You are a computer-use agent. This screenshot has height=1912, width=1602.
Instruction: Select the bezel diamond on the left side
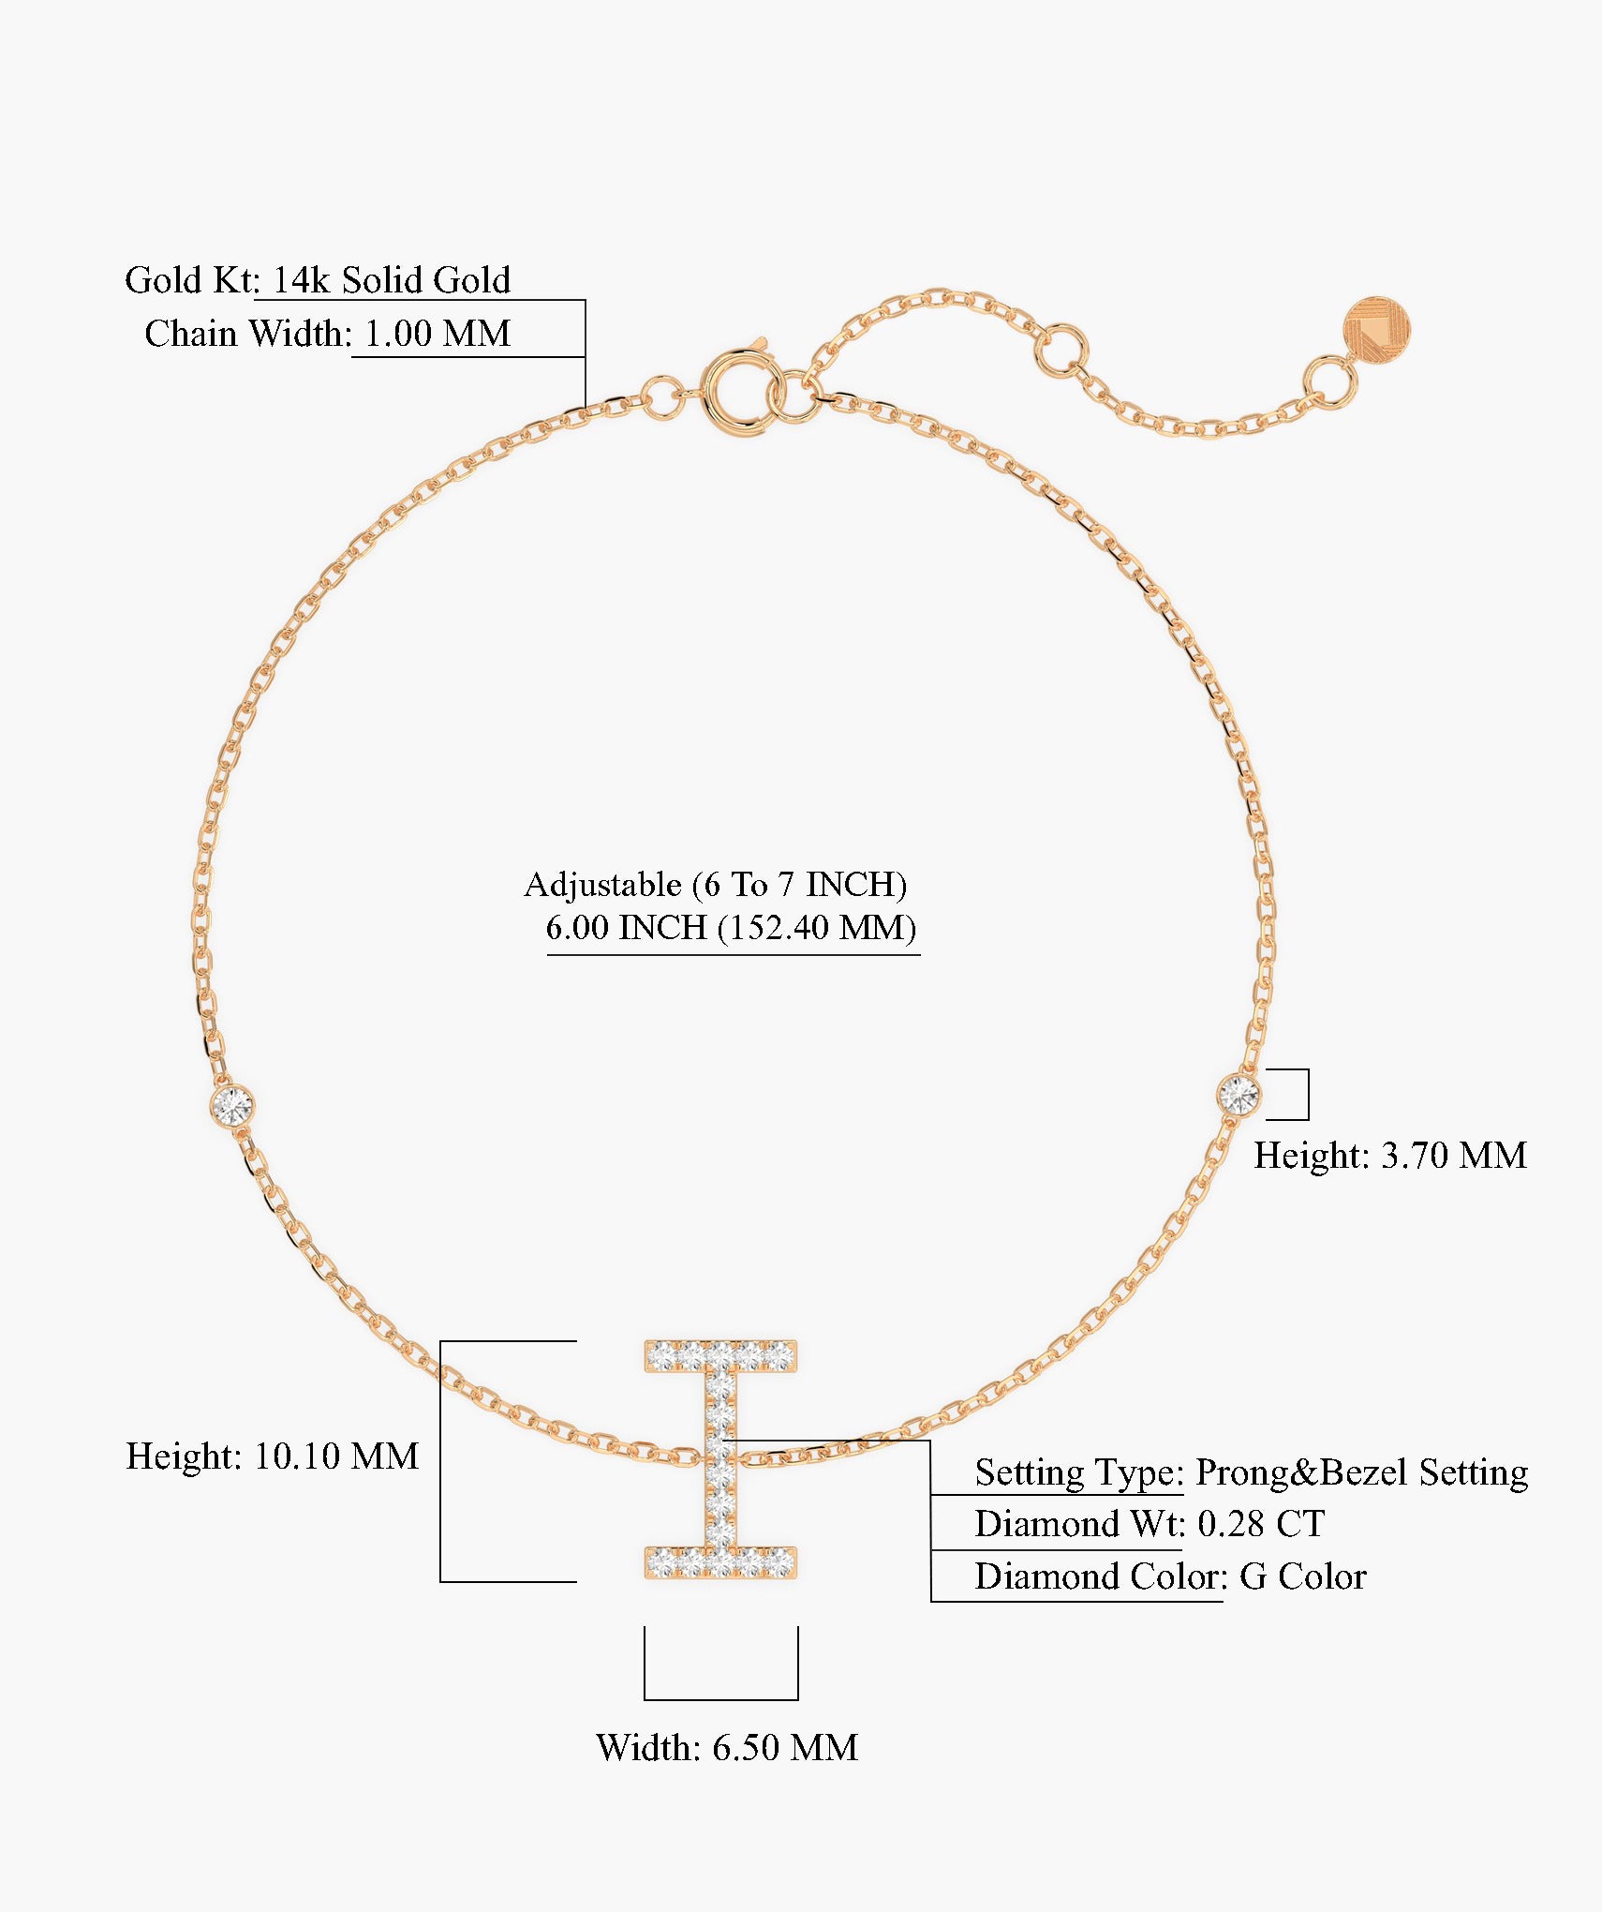(231, 1106)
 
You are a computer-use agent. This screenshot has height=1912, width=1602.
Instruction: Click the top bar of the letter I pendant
(720, 1355)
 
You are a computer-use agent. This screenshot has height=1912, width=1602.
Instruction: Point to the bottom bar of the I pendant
(720, 1561)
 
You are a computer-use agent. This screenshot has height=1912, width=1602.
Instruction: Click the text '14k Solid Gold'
(392, 279)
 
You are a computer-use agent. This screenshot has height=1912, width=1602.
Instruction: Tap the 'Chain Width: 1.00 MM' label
(328, 334)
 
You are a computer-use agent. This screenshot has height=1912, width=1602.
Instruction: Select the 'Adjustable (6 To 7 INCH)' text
(716, 884)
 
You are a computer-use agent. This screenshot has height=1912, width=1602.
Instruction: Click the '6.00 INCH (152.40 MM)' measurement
(731, 928)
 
